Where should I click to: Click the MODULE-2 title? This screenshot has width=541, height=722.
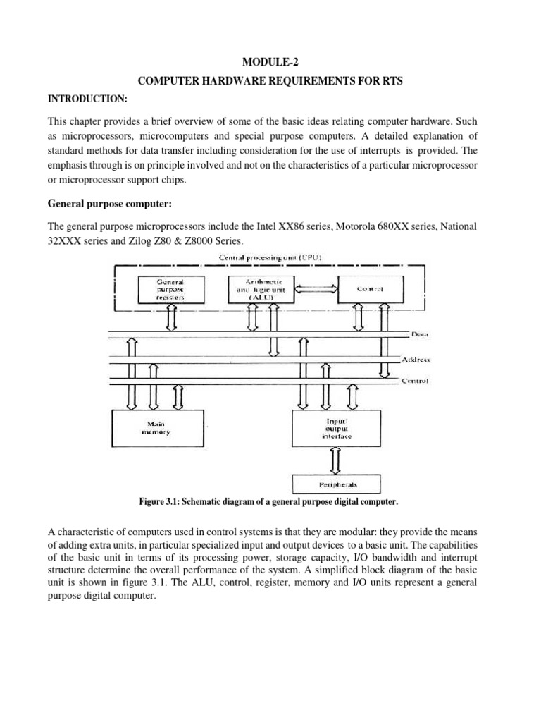270,61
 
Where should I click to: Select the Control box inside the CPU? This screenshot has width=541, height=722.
371,288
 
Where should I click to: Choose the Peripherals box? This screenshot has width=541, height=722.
335,485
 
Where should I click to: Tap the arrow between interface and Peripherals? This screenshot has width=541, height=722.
336,461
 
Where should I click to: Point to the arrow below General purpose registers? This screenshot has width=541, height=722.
170,320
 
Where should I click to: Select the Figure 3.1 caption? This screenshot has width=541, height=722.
270,502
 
